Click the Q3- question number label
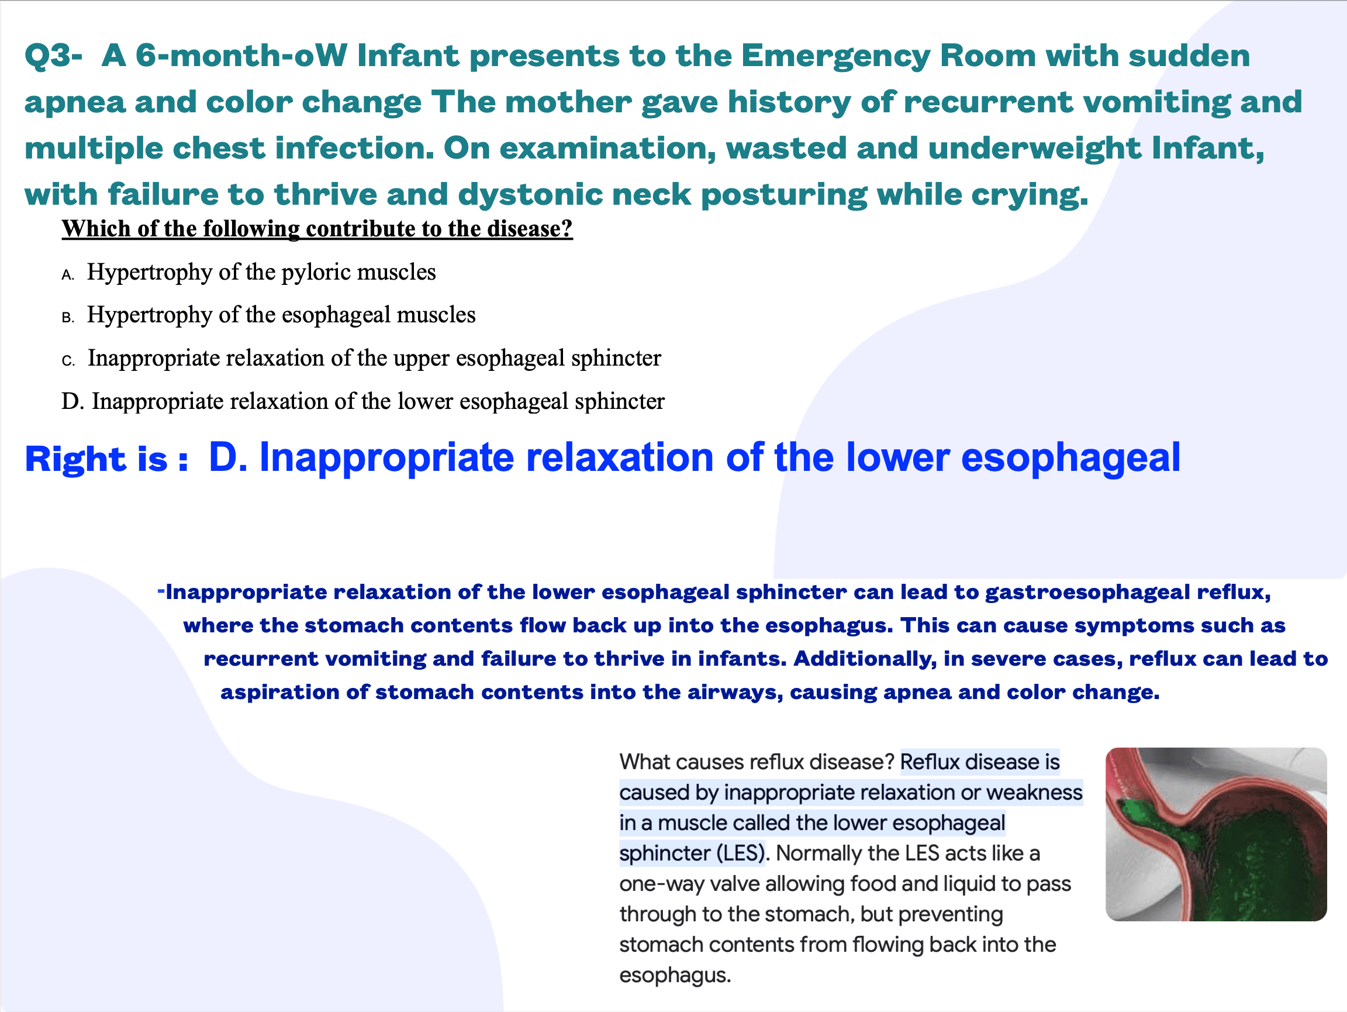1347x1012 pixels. click(53, 56)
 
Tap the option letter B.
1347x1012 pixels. click(68, 318)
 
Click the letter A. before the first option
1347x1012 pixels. click(68, 276)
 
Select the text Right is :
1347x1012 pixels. click(106, 459)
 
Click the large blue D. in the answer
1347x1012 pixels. click(228, 457)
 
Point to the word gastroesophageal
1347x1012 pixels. click(1087, 592)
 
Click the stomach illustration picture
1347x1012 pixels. click(1215, 834)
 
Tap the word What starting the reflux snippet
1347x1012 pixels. click(645, 762)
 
